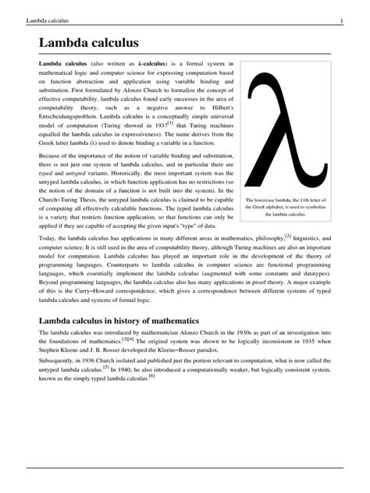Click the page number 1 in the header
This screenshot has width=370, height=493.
click(x=353, y=20)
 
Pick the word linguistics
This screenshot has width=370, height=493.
click(x=311, y=238)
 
